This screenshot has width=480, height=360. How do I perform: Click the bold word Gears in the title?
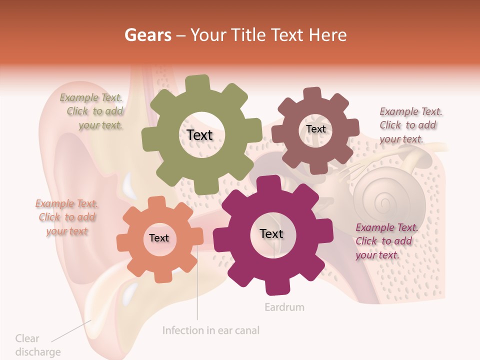coord(147,35)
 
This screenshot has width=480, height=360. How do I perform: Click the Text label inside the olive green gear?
coord(199,135)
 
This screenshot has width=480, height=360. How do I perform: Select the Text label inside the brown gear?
coord(315,129)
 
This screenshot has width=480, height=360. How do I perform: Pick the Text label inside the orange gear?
coord(159,238)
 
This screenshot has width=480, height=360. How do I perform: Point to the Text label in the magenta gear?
coord(271,234)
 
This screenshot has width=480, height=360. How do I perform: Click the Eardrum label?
coord(284,307)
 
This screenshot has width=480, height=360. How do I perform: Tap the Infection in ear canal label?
coord(210,330)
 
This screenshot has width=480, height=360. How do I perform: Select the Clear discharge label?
coord(37,345)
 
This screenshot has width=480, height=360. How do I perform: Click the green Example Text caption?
coord(93,111)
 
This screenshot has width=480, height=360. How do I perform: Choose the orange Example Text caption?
coord(66,217)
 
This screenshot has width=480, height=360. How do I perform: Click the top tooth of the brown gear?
coord(312,94)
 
